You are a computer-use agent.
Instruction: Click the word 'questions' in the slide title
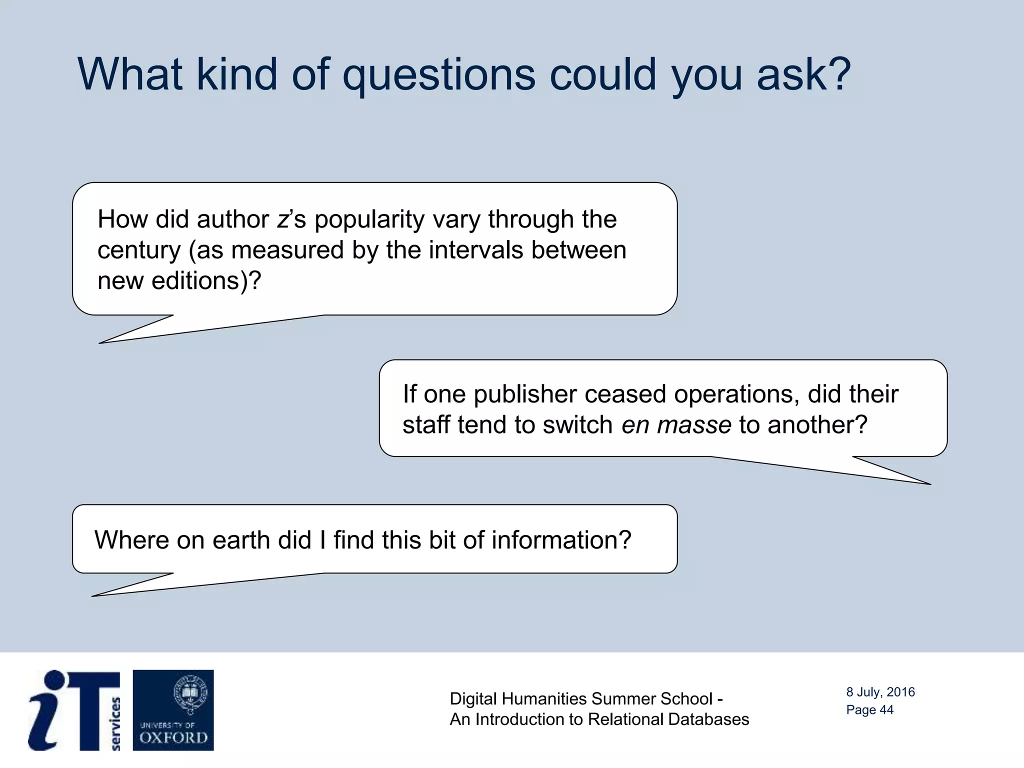[x=438, y=75]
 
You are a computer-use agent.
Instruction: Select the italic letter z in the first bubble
[x=282, y=220]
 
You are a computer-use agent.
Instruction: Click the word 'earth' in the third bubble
[x=241, y=540]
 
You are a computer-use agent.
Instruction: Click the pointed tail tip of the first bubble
[x=100, y=343]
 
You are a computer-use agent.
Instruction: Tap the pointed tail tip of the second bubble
[x=929, y=484]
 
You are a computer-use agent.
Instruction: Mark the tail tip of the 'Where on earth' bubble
[x=93, y=596]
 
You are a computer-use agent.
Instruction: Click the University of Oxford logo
[x=173, y=710]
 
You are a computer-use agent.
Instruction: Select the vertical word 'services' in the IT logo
[x=115, y=723]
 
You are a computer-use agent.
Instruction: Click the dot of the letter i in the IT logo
[x=54, y=680]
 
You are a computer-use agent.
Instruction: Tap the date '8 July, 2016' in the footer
[x=880, y=692]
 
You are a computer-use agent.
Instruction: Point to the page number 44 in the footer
[x=886, y=710]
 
